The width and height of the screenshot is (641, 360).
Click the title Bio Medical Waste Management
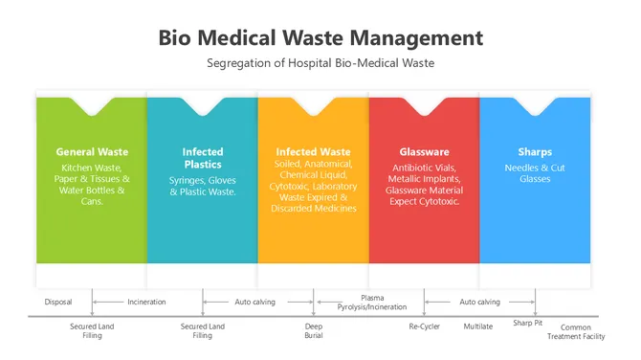pos(320,37)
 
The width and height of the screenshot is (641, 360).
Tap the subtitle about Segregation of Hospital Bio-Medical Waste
pos(320,63)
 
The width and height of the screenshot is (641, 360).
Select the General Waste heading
pos(92,151)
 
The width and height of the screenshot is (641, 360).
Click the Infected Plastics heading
pos(203,158)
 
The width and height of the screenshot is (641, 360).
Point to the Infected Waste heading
pos(313,151)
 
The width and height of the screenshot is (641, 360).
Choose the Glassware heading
pos(424,151)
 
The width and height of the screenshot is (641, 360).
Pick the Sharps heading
pos(535,151)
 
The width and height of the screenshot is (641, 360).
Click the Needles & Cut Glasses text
pos(535,173)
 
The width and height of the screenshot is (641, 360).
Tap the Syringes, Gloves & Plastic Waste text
pos(203,186)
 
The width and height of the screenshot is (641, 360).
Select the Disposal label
pos(58,302)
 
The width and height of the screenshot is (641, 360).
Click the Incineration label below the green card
pos(146,302)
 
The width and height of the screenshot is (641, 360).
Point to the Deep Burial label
pos(314,330)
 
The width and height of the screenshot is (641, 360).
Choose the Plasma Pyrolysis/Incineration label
pos(372,303)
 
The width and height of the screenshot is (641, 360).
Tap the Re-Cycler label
pos(424,326)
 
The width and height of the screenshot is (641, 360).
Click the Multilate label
pos(478,326)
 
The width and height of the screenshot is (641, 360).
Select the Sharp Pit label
pos(527,324)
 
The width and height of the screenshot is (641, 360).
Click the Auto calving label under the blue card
pos(479,302)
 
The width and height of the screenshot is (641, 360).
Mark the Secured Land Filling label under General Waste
pos(92,330)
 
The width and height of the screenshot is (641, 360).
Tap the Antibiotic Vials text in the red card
pos(424,168)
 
